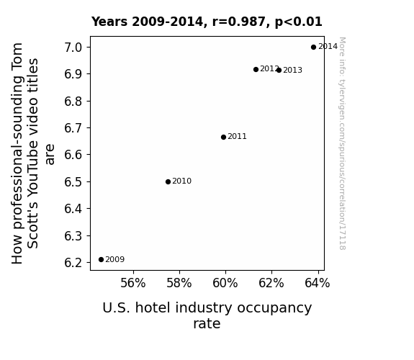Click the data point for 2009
(x=101, y=260)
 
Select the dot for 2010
(x=168, y=181)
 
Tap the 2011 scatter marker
(x=223, y=137)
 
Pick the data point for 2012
(x=256, y=69)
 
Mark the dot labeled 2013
(x=279, y=70)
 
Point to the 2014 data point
(x=313, y=48)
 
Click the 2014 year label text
(x=328, y=47)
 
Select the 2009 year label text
(x=115, y=260)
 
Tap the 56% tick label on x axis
(x=132, y=283)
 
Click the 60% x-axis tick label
(x=225, y=283)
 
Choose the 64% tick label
(x=317, y=283)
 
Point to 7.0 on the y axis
(x=73, y=48)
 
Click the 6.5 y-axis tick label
(x=73, y=182)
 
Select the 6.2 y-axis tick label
(x=73, y=263)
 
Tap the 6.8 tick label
(x=73, y=102)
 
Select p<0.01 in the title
(x=299, y=22)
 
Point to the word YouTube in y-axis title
(x=33, y=163)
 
